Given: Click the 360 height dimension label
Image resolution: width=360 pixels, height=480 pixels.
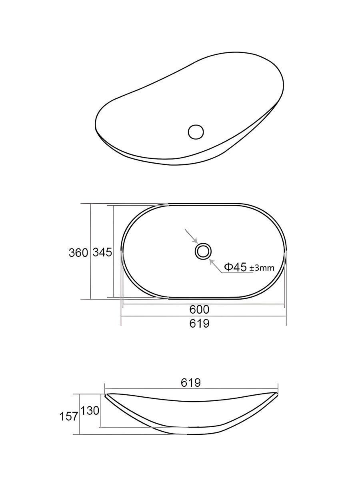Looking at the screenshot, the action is click(x=78, y=253).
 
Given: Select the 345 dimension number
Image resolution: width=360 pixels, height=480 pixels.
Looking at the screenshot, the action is click(x=102, y=252).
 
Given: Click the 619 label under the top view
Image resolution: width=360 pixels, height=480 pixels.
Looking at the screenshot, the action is click(x=199, y=324).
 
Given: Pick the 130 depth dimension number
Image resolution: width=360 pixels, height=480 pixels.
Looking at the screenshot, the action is click(x=90, y=411).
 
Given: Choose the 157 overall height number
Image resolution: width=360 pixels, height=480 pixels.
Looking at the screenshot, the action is click(x=69, y=416).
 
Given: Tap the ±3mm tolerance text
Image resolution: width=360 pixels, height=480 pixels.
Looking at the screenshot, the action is click(x=262, y=268).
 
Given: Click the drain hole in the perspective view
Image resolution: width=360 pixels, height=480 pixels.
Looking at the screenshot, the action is click(x=196, y=132).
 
